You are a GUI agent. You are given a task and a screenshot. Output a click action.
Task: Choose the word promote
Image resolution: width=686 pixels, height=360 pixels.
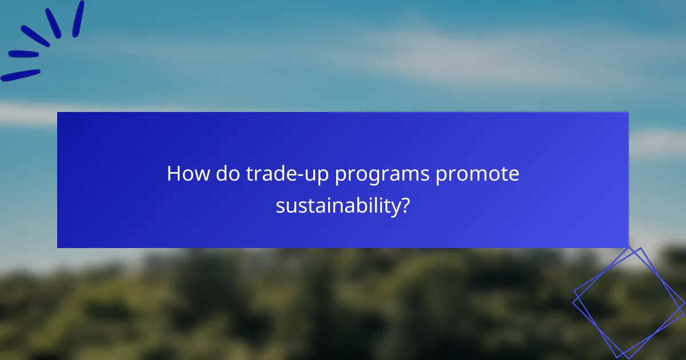tap(477, 174)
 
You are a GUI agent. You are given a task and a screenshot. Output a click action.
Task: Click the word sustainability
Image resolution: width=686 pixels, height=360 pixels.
tap(337, 206)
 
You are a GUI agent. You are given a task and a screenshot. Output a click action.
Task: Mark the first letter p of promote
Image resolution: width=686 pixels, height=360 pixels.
tap(441, 176)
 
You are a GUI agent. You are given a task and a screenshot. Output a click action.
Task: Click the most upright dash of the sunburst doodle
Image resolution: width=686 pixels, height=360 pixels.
tap(78, 18)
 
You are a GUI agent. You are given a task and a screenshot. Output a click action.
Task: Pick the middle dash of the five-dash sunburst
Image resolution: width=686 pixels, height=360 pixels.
tap(35, 36)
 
